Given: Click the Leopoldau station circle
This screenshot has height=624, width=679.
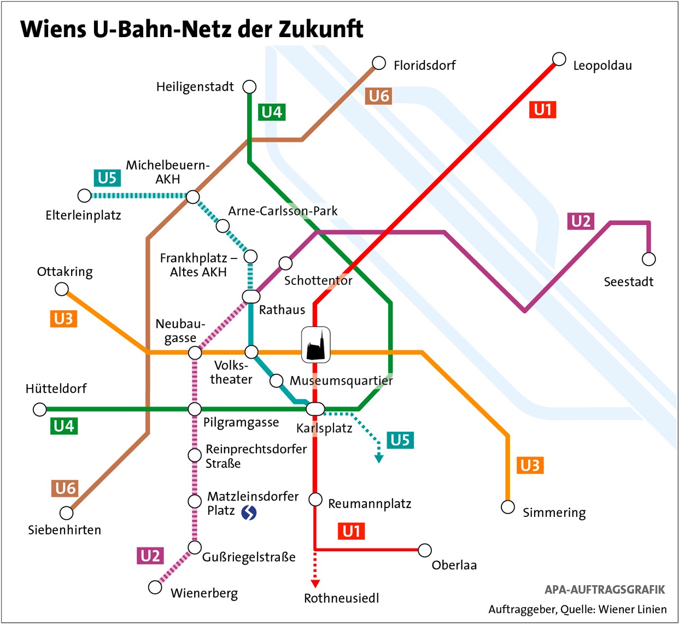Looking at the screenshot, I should (559, 59).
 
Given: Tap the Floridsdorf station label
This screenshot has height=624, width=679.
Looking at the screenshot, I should (424, 66).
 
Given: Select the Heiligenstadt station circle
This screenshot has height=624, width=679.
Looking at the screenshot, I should (249, 87).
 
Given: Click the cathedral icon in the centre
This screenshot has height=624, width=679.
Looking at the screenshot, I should (316, 345).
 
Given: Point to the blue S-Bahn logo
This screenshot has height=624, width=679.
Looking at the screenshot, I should (249, 513).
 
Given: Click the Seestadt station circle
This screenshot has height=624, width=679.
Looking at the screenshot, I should (648, 259).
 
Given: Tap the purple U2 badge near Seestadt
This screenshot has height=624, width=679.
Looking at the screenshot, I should (581, 221).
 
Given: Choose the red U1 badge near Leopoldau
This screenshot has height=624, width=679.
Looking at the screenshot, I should (542, 110).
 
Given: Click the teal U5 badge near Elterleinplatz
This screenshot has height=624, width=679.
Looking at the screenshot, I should (107, 178).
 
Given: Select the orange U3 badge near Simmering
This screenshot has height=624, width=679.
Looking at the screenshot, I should (530, 465).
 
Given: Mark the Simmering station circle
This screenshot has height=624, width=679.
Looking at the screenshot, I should (508, 507).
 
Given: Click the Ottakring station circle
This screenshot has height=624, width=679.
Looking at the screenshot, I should (62, 289).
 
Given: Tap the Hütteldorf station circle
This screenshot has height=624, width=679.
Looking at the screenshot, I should (40, 409).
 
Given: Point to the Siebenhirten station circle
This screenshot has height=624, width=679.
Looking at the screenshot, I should (67, 513).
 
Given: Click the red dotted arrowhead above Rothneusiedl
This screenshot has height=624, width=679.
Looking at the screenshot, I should (315, 584).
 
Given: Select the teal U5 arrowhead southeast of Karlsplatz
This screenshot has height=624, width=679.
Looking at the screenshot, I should (379, 459).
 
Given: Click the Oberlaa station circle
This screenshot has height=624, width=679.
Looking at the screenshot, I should (425, 550).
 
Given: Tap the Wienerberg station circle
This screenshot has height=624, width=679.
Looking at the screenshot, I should (155, 587).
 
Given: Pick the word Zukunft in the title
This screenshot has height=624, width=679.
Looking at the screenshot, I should (321, 29).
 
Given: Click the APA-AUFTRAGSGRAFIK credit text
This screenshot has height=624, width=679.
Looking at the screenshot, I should (605, 590).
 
